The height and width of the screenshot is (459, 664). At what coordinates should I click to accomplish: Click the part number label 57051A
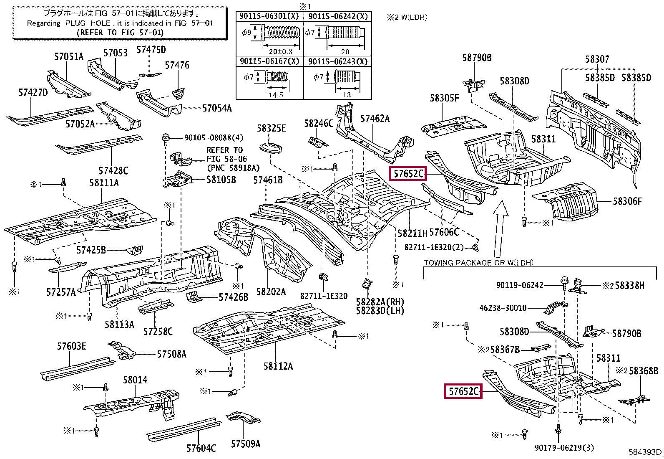coord(69,56)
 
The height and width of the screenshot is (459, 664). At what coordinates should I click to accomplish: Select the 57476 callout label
coord(177,65)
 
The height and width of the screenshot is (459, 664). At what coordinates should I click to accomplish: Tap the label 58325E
coord(272,128)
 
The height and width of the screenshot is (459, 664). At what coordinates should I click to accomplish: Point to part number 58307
coord(597,59)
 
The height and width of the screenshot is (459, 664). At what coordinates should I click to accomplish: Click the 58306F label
coord(627,201)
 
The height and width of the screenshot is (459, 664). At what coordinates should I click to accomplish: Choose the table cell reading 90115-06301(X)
coord(269,16)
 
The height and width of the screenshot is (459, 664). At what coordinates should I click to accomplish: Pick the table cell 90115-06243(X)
coord(338,61)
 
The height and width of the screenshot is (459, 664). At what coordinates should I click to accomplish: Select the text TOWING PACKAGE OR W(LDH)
coord(478,263)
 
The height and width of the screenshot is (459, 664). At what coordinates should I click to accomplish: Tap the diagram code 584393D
coord(645,452)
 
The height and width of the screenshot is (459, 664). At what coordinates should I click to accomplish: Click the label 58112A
coord(278,366)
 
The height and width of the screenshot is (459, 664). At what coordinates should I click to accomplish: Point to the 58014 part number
coord(135,380)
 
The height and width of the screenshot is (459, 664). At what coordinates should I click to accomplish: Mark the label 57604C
coord(201,448)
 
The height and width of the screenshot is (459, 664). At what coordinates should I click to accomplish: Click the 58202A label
coord(271,292)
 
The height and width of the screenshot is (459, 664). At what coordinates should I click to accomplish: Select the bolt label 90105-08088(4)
coord(214,138)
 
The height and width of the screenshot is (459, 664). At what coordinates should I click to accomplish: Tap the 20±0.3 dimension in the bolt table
coord(280,51)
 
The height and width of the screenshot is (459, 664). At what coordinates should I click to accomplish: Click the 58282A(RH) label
coord(380,302)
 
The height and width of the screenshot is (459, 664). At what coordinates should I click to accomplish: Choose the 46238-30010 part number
coord(503,308)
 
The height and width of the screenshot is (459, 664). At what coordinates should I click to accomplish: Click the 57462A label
coord(375,119)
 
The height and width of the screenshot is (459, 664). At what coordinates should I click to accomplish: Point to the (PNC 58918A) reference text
coord(233,168)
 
